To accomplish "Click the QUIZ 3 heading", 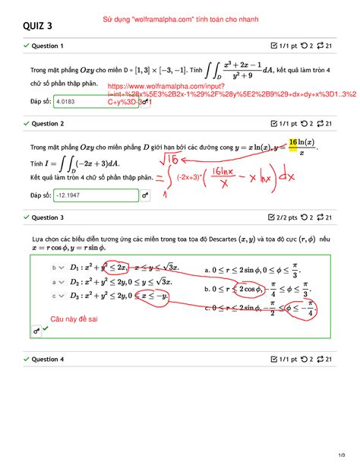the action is click(x=38, y=27).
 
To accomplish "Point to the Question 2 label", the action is click(x=47, y=123).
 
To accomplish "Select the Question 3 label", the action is click(x=47, y=217).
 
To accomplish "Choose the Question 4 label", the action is click(x=47, y=359).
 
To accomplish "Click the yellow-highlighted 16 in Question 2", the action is click(x=292, y=143).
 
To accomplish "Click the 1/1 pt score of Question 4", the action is click(x=285, y=359).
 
